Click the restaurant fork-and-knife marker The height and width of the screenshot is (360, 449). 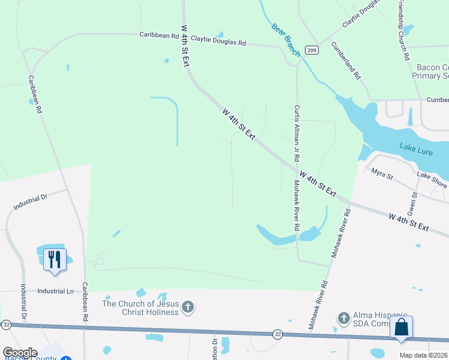click(55, 260)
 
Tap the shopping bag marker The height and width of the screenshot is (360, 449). click(401, 328)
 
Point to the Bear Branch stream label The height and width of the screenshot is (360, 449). click(286, 40)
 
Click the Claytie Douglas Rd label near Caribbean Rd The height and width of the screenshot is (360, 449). click(218, 43)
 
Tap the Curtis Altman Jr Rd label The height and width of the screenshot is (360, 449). click(297, 133)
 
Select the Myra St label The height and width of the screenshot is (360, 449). click(381, 175)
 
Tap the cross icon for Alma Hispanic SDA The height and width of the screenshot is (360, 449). click(343, 317)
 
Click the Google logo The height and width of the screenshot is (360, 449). click(20, 353)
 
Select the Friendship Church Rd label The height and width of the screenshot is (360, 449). click(403, 29)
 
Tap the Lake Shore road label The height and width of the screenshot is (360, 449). click(432, 180)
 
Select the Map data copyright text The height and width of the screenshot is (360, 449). click(423, 355)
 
